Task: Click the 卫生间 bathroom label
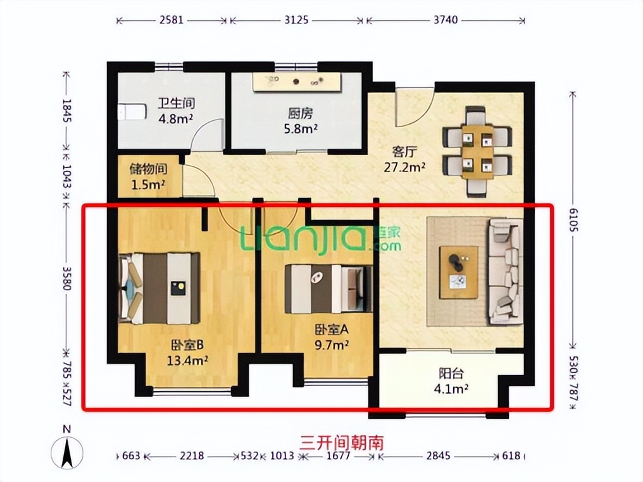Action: pyautogui.click(x=177, y=103)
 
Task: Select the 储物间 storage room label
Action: pyautogui.click(x=148, y=169)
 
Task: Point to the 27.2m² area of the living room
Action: pyautogui.click(x=404, y=167)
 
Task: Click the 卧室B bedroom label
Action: pyautogui.click(x=187, y=345)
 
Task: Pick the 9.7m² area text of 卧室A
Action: pyautogui.click(x=332, y=345)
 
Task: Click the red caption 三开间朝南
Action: pyautogui.click(x=342, y=443)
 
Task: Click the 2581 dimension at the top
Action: pyautogui.click(x=171, y=20)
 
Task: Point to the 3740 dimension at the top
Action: pyautogui.click(x=446, y=20)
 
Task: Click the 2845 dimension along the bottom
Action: pyautogui.click(x=438, y=455)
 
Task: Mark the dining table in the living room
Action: pyautogui.click(x=477, y=151)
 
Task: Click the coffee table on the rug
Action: pyautogui.click(x=459, y=273)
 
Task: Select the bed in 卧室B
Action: pyautogui.click(x=159, y=288)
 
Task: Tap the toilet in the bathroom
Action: pyautogui.click(x=132, y=112)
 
